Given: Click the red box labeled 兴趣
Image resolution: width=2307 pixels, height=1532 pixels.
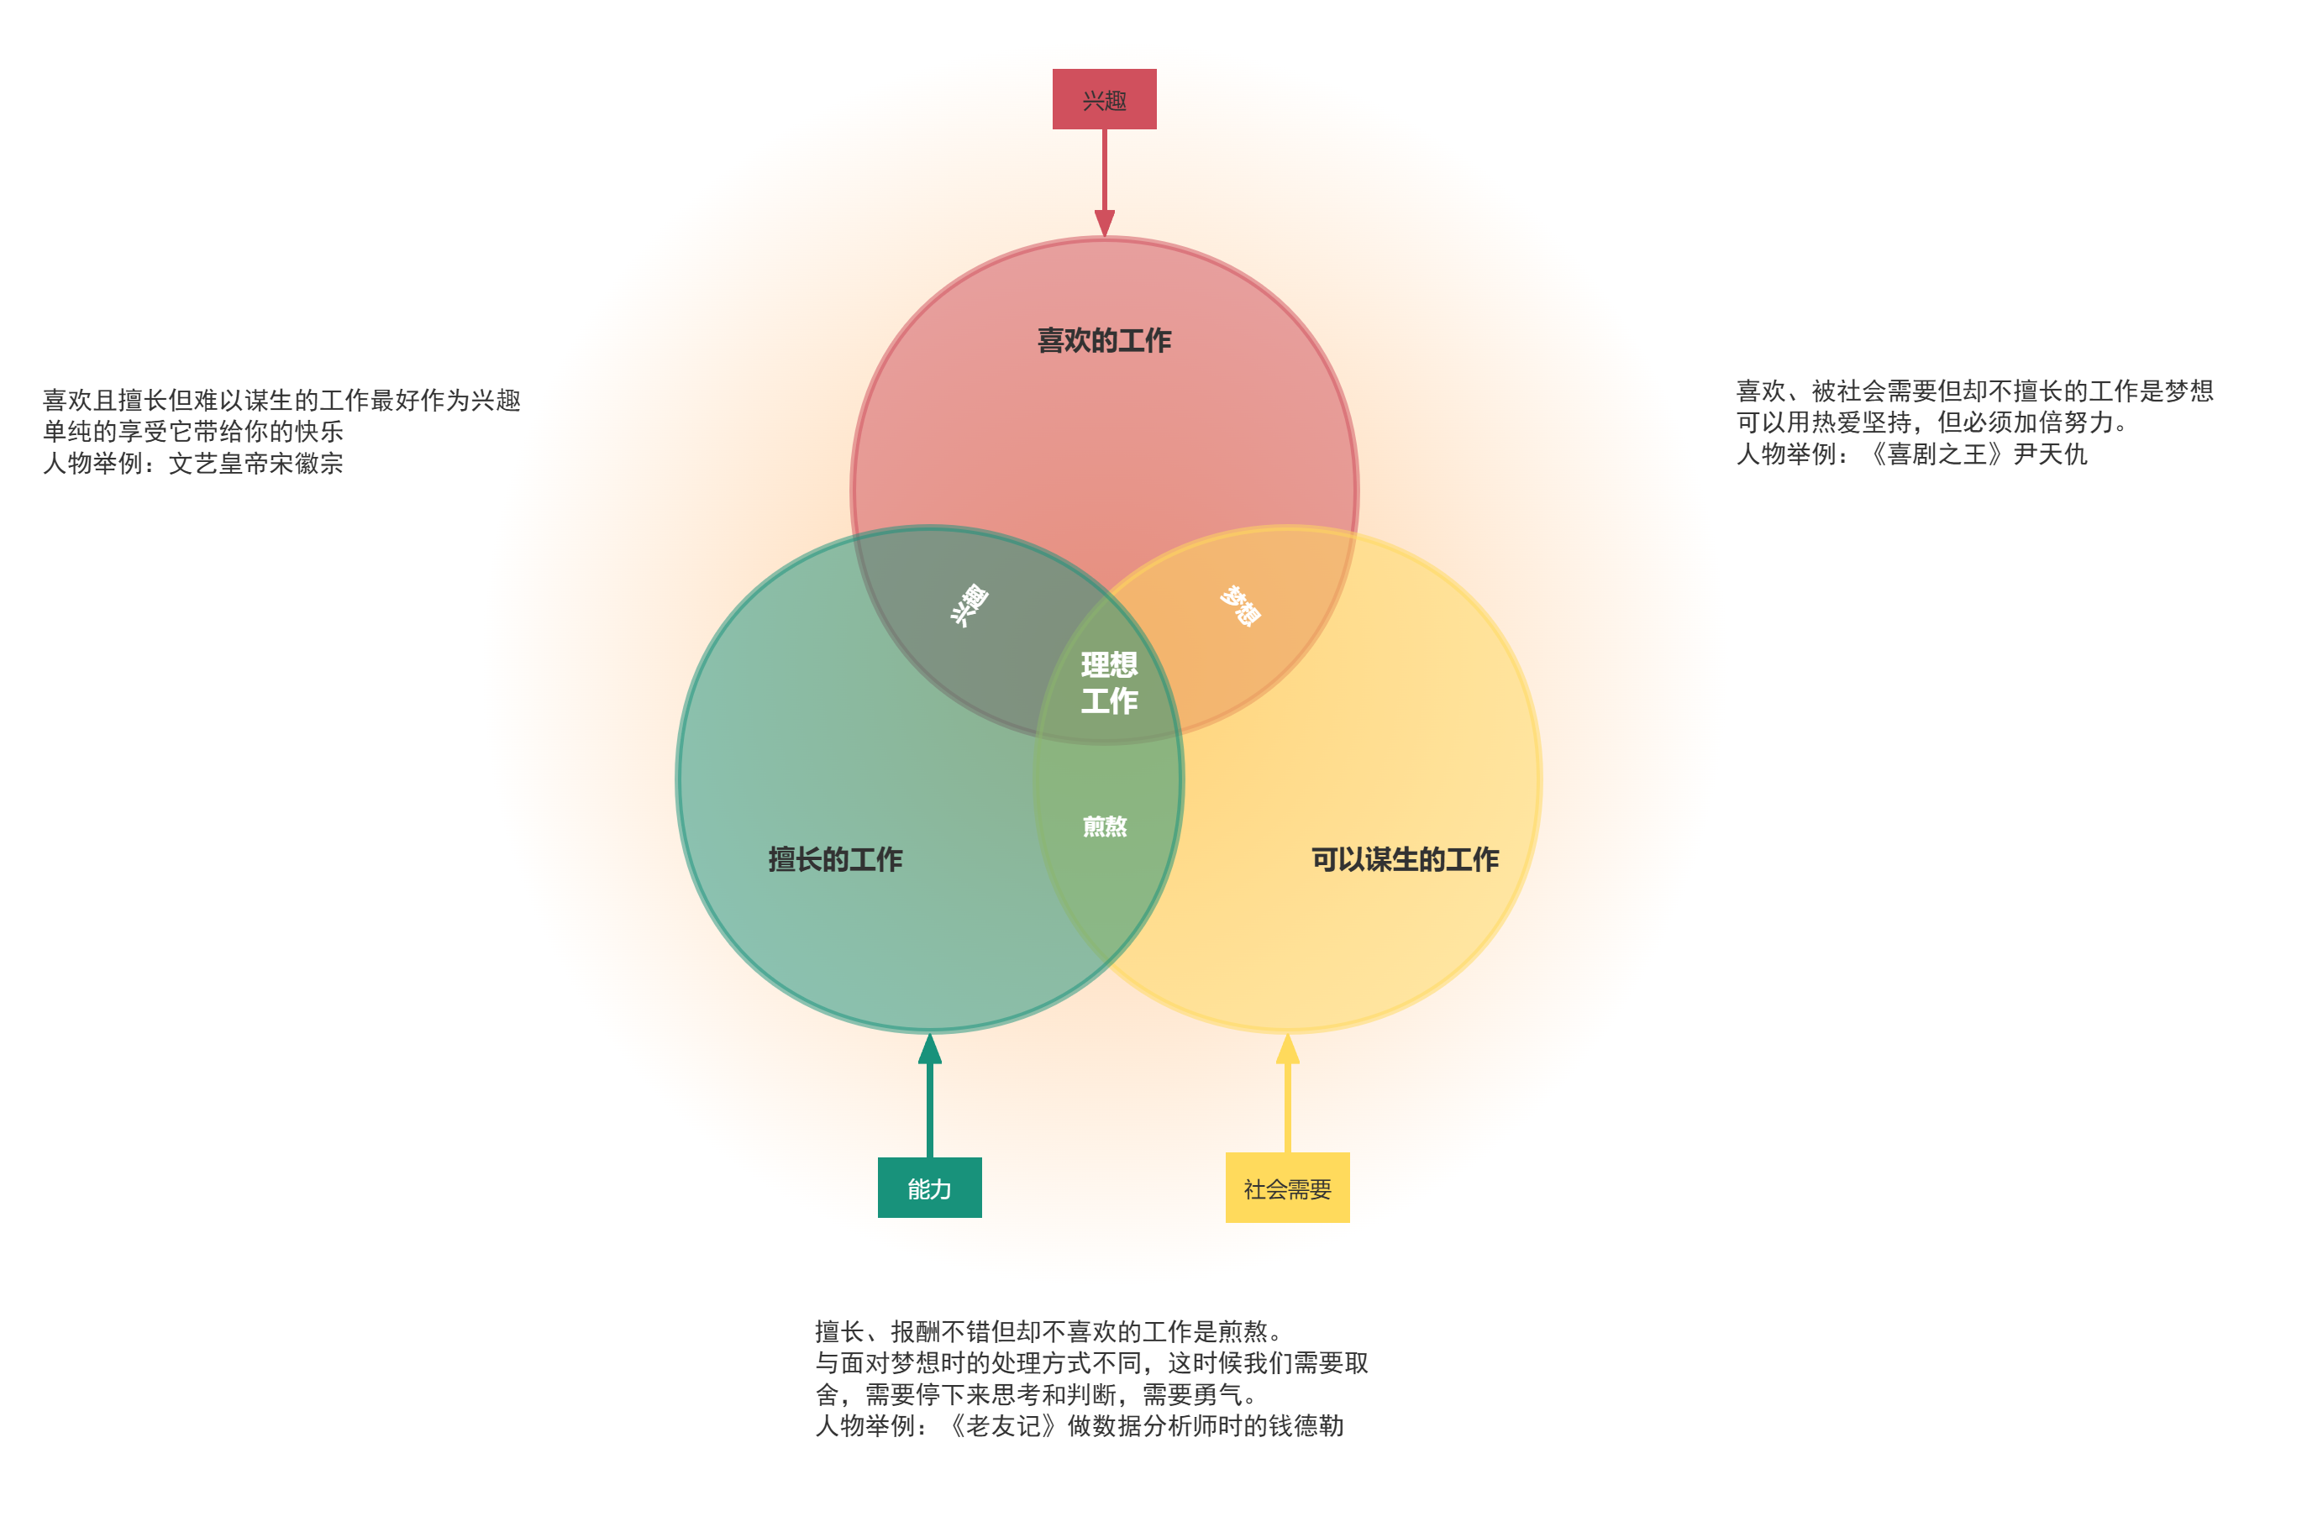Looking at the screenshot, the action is click(x=1103, y=98).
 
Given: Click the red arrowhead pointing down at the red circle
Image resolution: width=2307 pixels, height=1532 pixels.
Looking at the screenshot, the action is click(x=1104, y=223).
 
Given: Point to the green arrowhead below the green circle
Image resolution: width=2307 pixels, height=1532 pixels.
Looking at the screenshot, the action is click(x=929, y=1049).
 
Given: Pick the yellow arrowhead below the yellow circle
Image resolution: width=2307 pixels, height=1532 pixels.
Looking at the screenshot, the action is click(x=1287, y=1049).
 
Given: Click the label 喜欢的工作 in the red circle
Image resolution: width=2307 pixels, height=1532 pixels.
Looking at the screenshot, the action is click(x=1103, y=340).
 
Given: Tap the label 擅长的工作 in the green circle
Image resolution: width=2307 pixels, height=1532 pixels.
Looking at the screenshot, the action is click(x=834, y=859).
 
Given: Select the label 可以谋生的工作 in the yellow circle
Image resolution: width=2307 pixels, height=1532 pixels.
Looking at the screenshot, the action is click(x=1404, y=859).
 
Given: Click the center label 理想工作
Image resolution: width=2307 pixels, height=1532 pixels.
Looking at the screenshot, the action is click(x=1108, y=682).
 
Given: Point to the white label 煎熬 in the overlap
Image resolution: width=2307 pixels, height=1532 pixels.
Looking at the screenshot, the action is click(x=1104, y=826).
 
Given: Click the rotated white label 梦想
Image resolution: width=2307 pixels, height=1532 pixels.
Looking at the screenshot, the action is click(x=1240, y=605).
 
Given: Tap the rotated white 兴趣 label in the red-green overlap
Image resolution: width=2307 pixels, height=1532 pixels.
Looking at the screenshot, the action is click(x=969, y=605).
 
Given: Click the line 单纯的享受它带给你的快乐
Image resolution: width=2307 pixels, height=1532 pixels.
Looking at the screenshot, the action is click(x=192, y=431).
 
